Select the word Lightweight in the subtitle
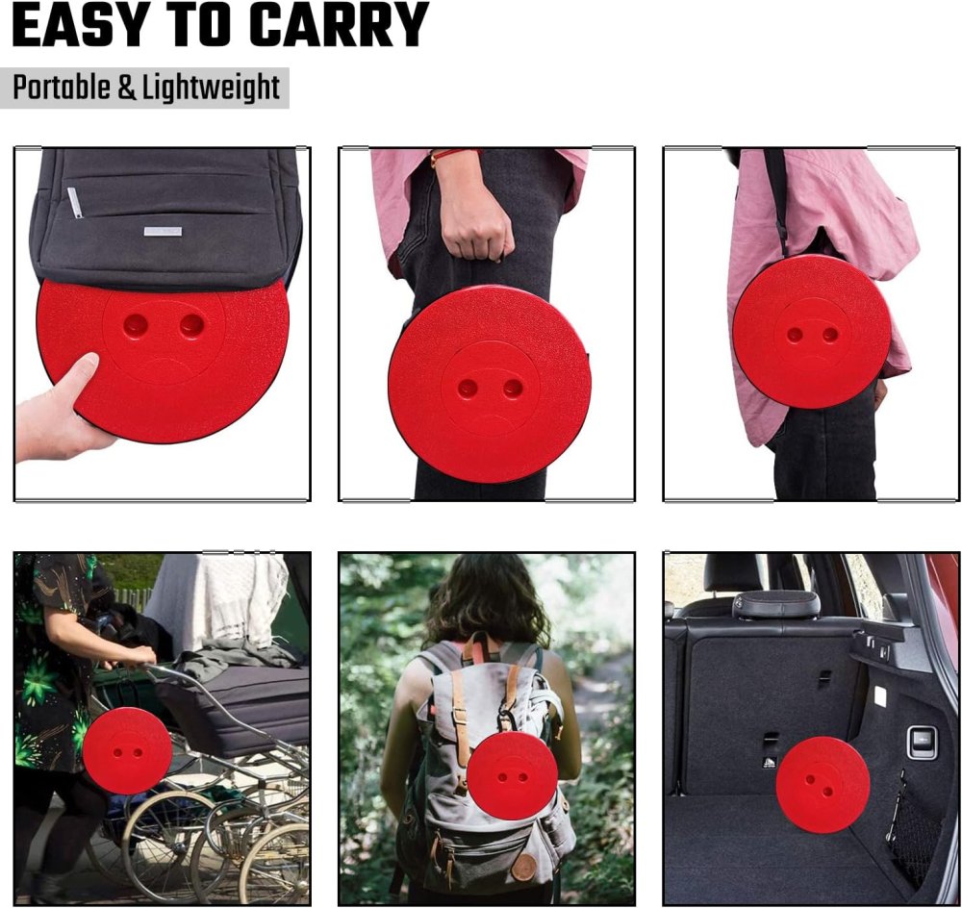point(211,88)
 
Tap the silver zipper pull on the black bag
point(73,202)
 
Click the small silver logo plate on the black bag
point(163,231)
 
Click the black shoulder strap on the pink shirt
point(776,201)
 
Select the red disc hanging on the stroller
point(127,750)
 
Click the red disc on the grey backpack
point(512,775)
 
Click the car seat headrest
point(776,604)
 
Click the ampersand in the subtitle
point(126,88)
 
